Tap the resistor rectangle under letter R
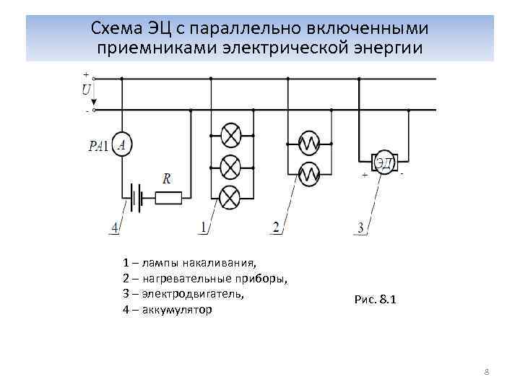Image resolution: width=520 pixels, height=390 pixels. point(168,196)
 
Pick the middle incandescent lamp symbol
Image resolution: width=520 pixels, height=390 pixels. point(230,167)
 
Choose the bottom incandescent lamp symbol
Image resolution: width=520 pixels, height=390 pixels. point(230,196)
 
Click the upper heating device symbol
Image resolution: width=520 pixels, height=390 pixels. point(309,143)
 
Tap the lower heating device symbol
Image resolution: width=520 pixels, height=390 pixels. point(309,173)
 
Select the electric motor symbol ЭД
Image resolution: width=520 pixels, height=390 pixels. point(383,162)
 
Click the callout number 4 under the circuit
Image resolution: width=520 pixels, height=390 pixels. point(114,228)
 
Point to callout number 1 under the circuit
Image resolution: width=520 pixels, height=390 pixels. point(203,228)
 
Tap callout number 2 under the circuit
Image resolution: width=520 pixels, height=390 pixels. point(275,228)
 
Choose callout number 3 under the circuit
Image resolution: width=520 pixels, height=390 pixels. point(361,229)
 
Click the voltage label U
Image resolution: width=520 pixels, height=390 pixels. point(87,90)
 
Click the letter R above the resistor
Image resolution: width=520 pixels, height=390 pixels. point(167,178)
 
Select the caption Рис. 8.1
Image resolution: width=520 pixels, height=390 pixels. point(375,300)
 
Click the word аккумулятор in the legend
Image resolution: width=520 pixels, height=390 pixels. point(177,310)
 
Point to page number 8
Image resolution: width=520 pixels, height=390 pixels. point(486,372)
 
